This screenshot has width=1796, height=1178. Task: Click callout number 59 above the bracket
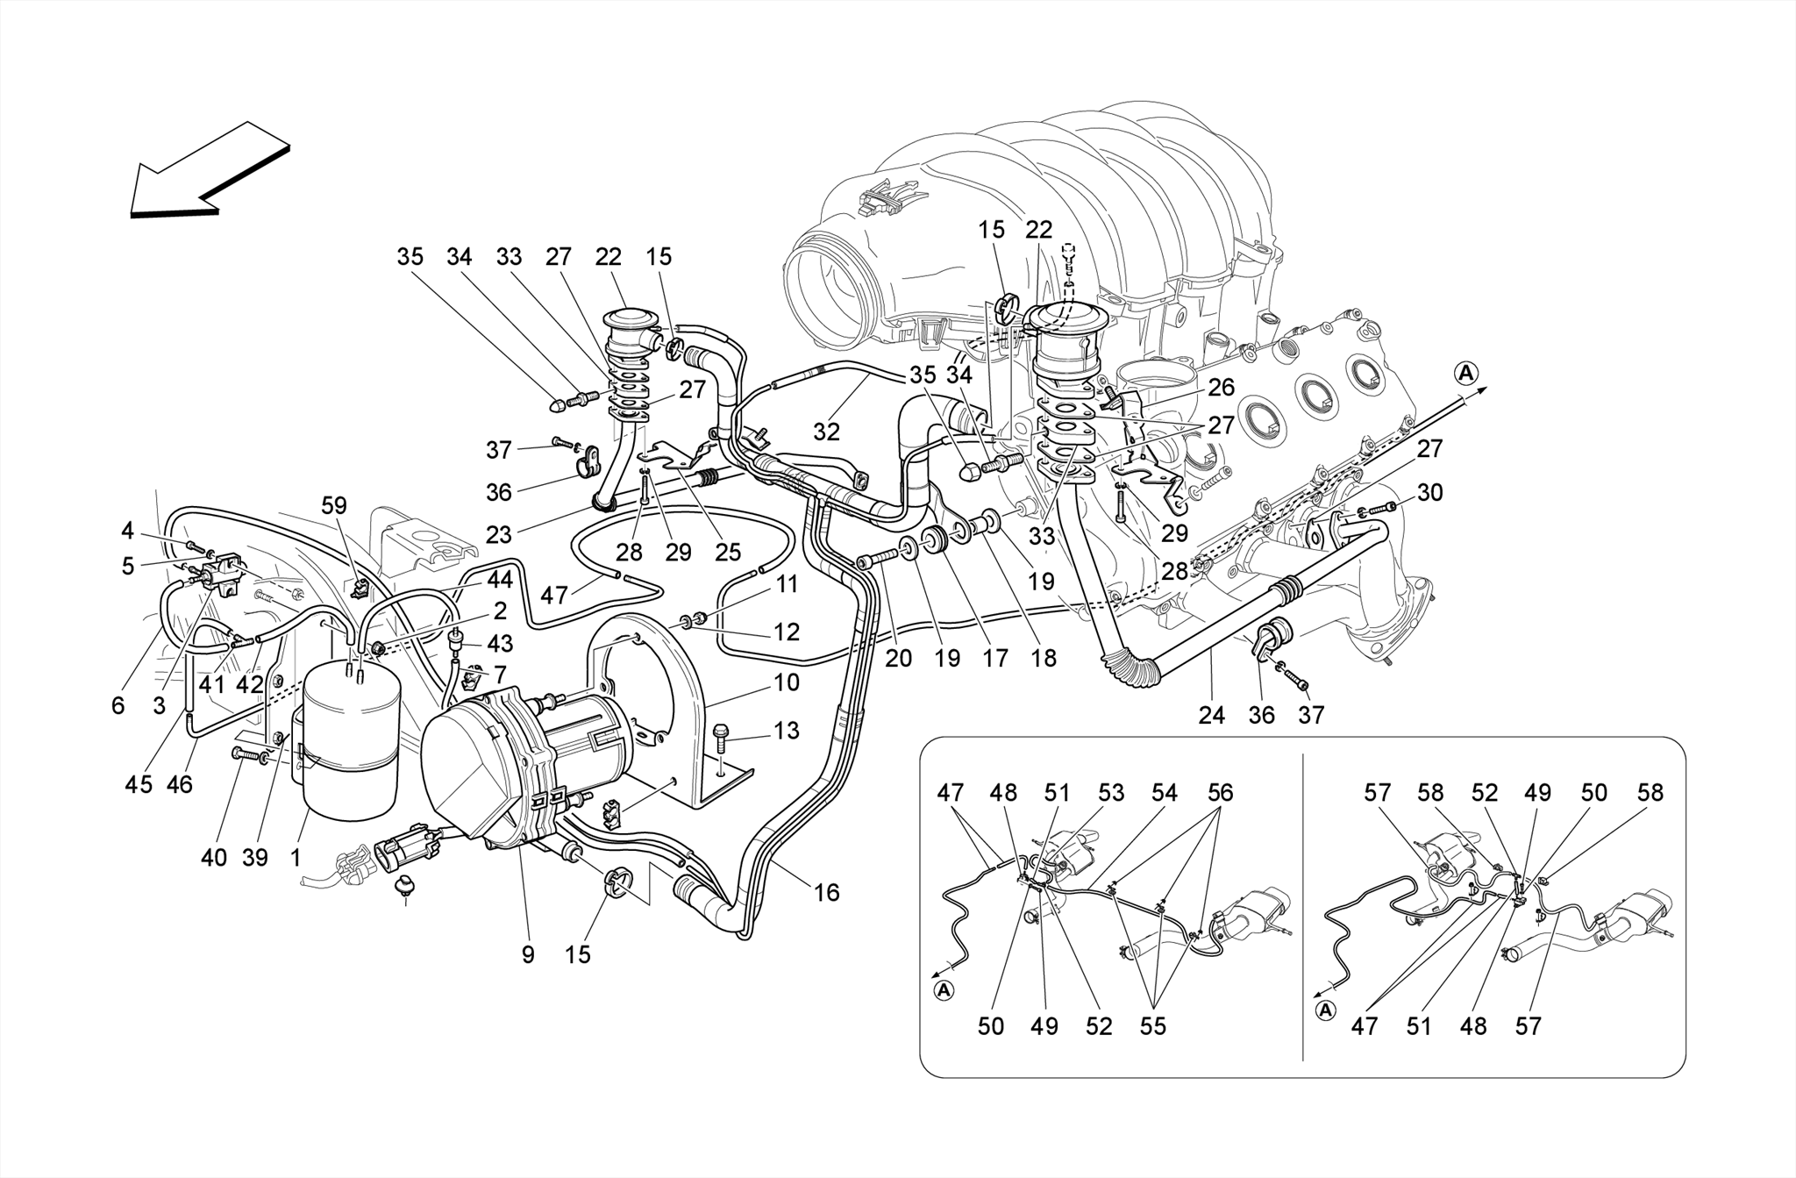pos(334,505)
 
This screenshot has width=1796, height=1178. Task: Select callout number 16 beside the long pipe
pos(826,893)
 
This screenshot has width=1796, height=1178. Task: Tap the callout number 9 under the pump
pos(528,954)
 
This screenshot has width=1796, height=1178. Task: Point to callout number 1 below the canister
pos(296,857)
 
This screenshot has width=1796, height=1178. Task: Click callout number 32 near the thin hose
pos(826,431)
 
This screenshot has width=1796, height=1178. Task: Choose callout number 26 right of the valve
pos(1221,387)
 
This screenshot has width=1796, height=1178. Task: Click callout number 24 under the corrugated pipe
pos(1211,715)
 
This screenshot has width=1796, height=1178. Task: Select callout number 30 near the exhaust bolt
pos(1429,493)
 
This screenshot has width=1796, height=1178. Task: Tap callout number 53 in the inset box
pos(1111,793)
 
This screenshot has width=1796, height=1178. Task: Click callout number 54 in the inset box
pos(1165,793)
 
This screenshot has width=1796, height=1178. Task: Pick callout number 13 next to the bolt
pos(787,730)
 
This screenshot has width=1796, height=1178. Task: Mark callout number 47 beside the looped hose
pos(554,596)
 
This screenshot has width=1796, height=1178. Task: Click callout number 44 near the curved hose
pos(500,579)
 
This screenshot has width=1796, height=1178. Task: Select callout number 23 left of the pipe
pos(498,535)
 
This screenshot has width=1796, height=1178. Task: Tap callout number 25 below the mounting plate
pos(728,552)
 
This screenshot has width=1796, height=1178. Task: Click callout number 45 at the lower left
pos(139,784)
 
